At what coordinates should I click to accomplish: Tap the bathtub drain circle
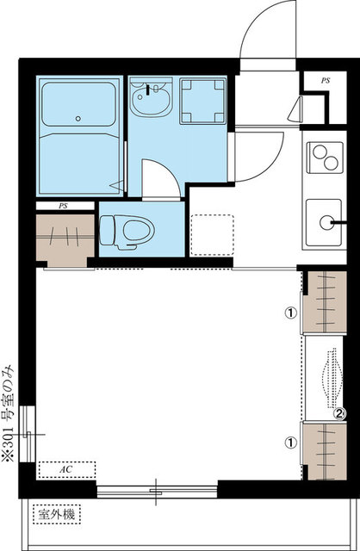click(78, 119)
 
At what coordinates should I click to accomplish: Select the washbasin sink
click(151, 97)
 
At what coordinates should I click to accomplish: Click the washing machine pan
click(203, 102)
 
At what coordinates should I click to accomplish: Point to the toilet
click(127, 232)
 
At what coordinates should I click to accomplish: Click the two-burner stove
click(325, 158)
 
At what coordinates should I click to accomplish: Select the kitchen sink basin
click(324, 222)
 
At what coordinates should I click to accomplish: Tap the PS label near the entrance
click(326, 80)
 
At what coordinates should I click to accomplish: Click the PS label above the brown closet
click(63, 206)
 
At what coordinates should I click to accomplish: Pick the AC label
click(66, 469)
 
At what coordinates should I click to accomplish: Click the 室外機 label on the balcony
click(57, 515)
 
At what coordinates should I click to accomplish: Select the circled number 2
click(339, 413)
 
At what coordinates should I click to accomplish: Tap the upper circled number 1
click(291, 313)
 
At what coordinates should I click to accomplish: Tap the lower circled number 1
click(291, 443)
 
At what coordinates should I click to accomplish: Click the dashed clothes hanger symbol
click(332, 378)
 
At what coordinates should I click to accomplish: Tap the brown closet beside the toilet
click(65, 240)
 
